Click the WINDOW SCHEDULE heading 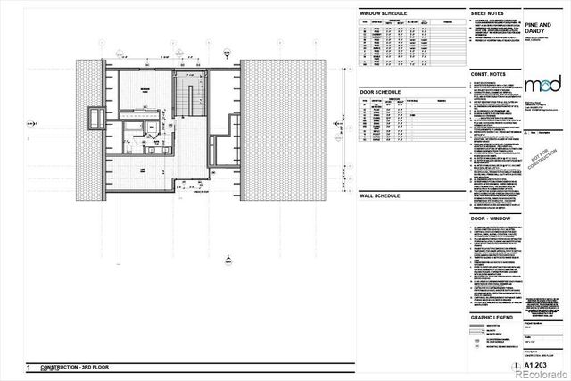[384, 14]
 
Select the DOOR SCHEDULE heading [380, 91]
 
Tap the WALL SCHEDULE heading [380, 195]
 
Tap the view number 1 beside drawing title [30, 367]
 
